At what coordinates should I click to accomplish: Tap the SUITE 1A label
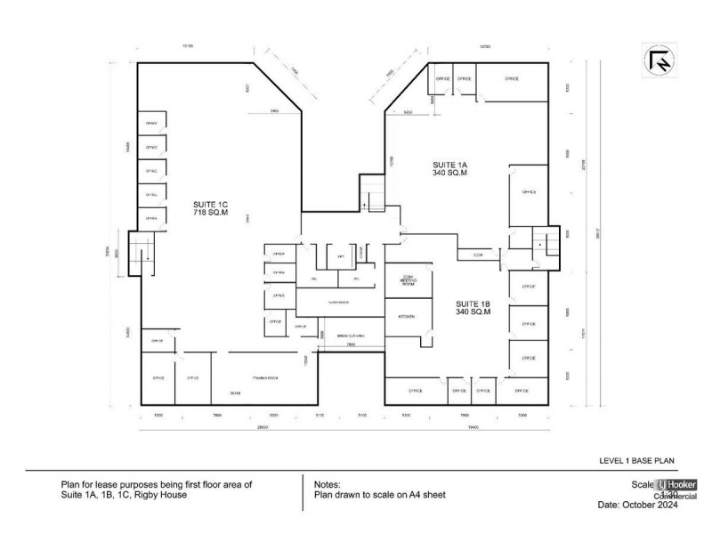449,169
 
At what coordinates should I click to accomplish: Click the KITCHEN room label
408,316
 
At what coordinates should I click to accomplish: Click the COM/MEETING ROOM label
409,282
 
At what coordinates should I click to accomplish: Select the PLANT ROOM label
337,303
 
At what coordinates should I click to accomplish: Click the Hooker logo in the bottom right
676,485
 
